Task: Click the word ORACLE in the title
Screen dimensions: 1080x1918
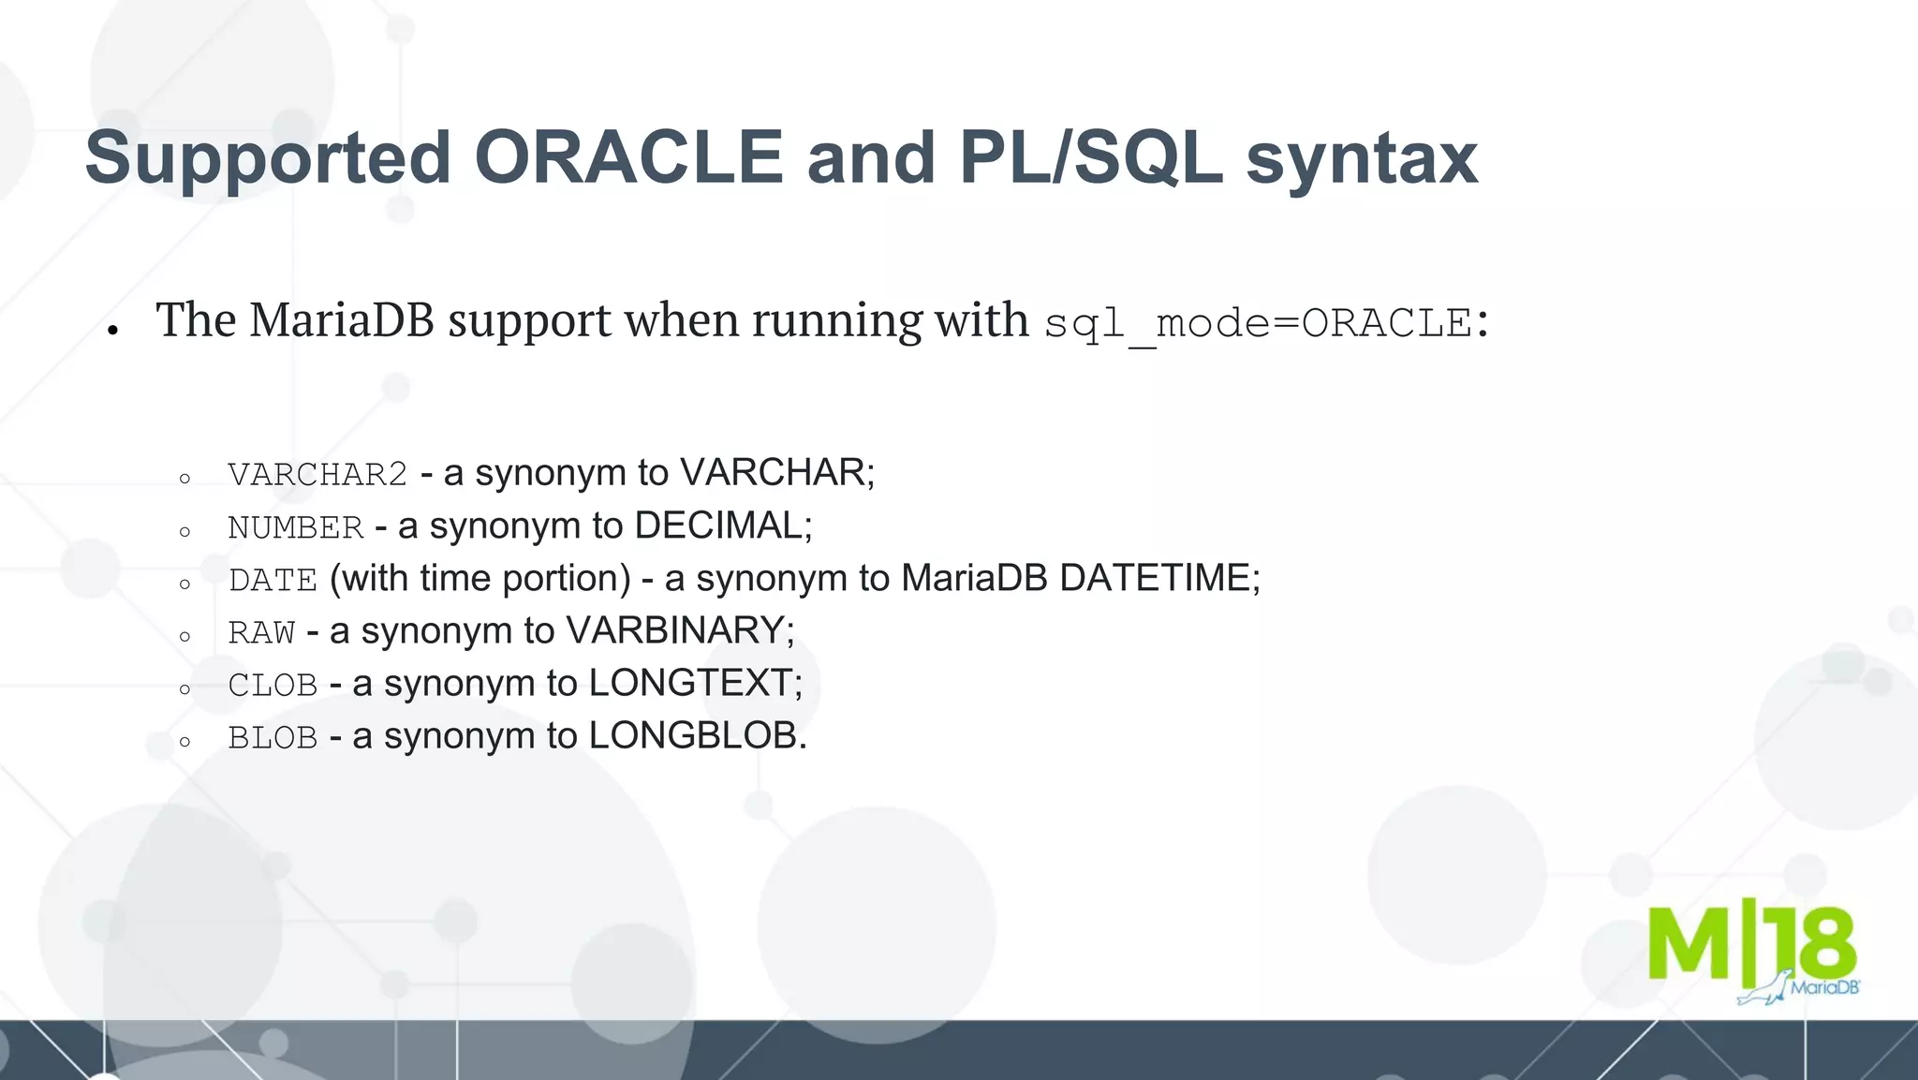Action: coord(628,157)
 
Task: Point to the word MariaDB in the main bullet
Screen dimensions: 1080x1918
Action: coord(342,319)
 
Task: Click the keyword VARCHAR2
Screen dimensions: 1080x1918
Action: coord(317,474)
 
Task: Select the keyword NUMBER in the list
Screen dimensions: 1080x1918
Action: coord(295,527)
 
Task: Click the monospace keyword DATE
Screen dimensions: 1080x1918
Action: coord(273,580)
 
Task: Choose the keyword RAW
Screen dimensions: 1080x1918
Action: coord(261,632)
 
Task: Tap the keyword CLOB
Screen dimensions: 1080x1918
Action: coord(273,685)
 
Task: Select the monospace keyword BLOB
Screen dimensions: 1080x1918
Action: coord(273,737)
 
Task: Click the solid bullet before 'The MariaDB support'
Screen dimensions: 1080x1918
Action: coord(112,330)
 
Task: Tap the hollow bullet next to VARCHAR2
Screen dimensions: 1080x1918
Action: coord(184,479)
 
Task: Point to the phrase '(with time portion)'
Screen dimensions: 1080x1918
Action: coord(480,578)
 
